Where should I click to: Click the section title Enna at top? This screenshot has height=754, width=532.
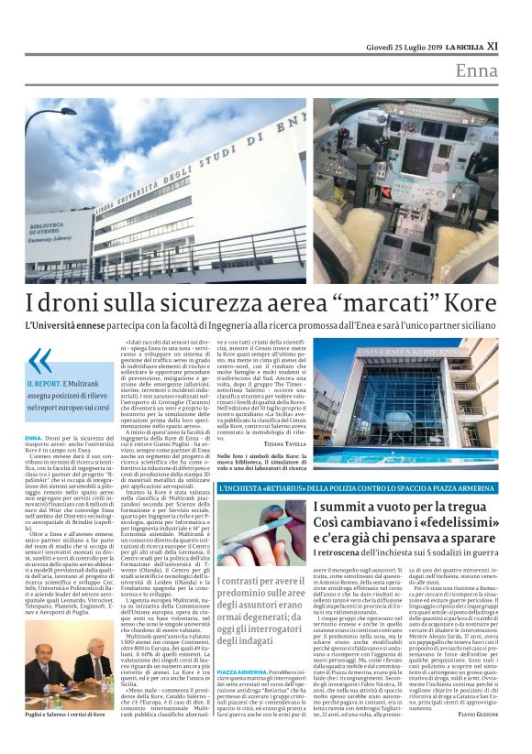pyautogui.click(x=476, y=71)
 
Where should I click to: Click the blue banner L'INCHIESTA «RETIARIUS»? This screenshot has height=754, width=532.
pyautogui.click(x=312, y=488)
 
